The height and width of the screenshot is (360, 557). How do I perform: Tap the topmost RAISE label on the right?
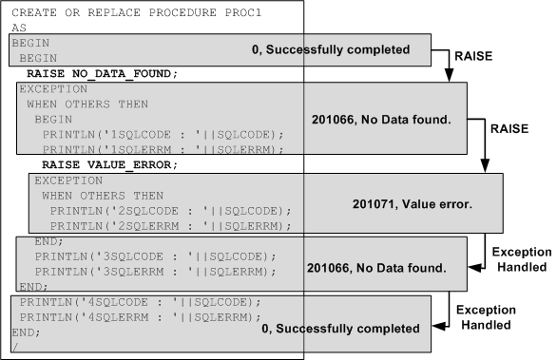pos(472,56)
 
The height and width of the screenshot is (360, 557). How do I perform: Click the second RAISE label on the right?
pos(508,124)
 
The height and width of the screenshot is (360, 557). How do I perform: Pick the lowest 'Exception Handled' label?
pos(487,317)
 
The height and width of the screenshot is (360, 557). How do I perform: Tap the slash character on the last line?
pos(14,347)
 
